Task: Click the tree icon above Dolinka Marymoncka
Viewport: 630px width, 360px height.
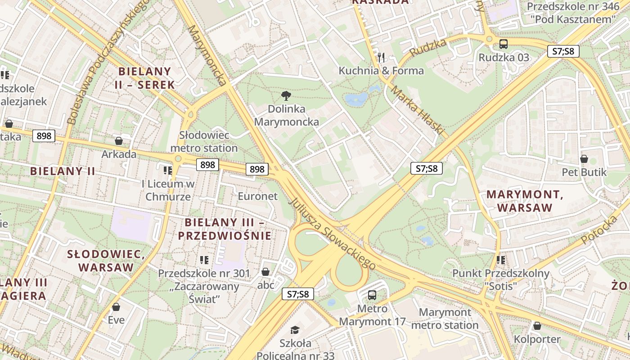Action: [285, 95]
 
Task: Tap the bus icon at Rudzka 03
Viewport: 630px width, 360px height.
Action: [504, 44]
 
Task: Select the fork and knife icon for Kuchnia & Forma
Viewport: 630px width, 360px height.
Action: [381, 57]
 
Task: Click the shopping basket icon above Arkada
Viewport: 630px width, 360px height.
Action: [119, 141]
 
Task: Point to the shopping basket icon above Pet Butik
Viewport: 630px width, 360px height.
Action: [584, 159]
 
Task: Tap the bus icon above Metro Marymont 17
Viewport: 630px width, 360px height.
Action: [372, 295]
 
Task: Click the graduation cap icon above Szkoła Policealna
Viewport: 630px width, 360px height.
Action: [295, 330]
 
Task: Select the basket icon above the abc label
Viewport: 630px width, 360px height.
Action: [265, 272]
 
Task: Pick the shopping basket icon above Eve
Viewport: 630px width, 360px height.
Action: [116, 307]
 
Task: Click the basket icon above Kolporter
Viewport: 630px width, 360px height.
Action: [537, 326]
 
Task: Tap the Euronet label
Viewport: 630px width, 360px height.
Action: [257, 196]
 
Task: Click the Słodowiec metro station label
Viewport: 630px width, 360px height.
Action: [204, 141]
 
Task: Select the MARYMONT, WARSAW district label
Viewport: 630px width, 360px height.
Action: [525, 201]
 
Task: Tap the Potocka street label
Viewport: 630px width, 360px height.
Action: [599, 230]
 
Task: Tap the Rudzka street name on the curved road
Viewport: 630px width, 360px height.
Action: [428, 48]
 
